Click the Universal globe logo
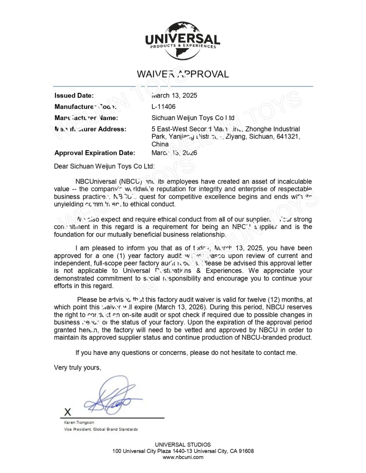pyautogui.click(x=183, y=41)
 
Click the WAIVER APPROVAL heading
pyautogui.click(x=183, y=74)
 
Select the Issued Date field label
pyautogui.click(x=74, y=96)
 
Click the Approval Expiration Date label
pyautogui.click(x=95, y=153)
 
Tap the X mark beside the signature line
pyautogui.click(x=68, y=412)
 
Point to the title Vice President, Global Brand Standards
pyautogui.click(x=100, y=429)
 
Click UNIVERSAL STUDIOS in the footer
pyautogui.click(x=183, y=445)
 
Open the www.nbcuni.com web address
pyautogui.click(x=183, y=457)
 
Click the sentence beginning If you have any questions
pyautogui.click(x=186, y=353)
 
